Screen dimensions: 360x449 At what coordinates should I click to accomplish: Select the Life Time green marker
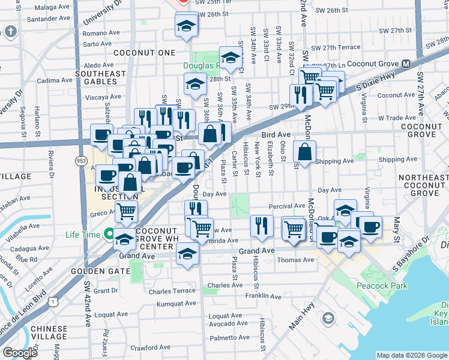[109, 234]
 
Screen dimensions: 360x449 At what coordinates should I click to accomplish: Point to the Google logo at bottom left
[20, 353]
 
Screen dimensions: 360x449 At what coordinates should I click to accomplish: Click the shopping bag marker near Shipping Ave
[305, 152]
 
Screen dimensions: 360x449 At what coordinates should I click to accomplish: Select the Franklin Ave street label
[264, 296]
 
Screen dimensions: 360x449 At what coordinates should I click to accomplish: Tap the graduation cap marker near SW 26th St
[187, 26]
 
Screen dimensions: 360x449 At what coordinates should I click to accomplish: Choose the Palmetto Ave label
[229, 337]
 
